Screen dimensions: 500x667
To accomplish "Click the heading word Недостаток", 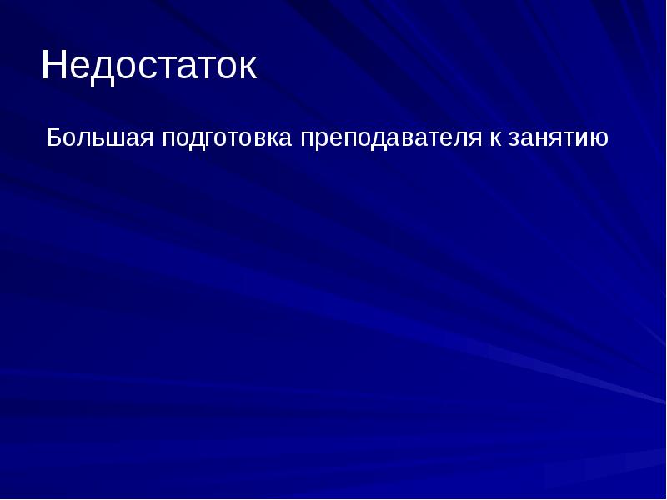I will click(148, 66).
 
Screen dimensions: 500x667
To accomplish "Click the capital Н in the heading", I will click(54, 66).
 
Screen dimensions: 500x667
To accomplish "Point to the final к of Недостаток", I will click(247, 67).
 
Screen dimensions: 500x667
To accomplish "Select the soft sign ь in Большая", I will click(99, 137).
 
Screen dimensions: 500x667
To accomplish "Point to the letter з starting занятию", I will click(510, 137).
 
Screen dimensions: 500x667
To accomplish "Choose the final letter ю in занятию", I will click(600, 137).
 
